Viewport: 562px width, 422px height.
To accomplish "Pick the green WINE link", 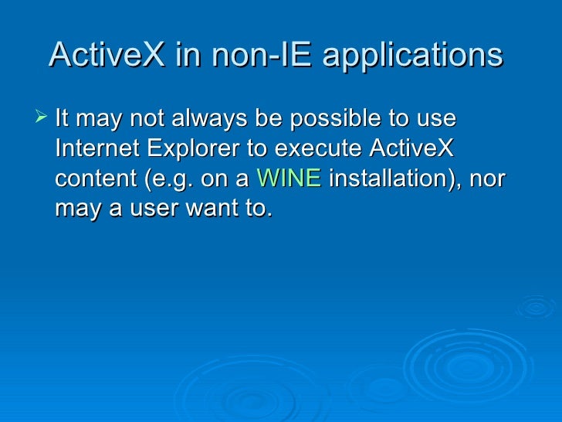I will click(288, 179).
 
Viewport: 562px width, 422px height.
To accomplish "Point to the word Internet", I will click(94, 148).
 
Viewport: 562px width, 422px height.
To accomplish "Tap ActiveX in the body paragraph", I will click(414, 148).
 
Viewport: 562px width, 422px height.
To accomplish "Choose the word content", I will click(96, 179).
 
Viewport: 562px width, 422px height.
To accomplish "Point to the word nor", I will click(488, 179).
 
